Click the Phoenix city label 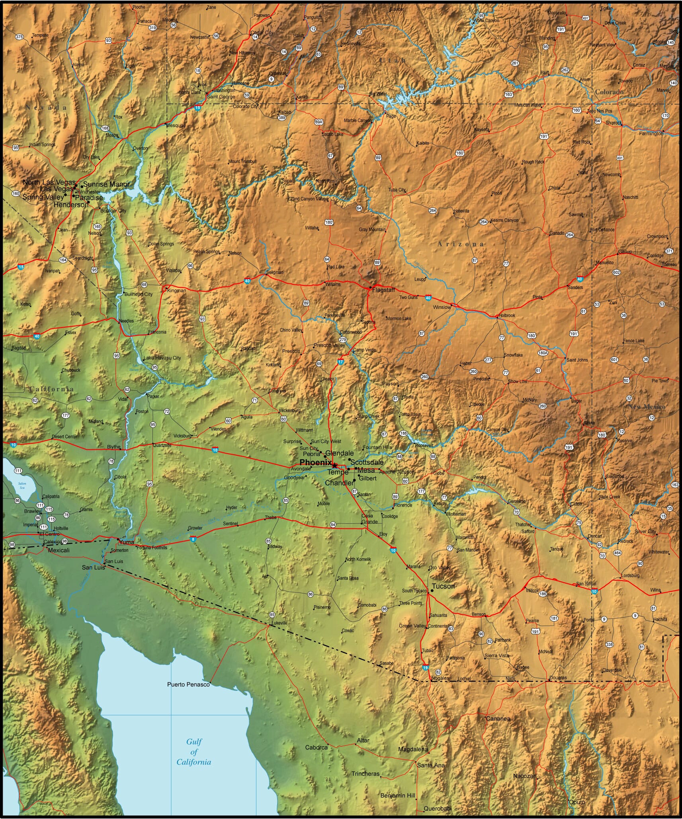click(315, 462)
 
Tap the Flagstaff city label click(383, 290)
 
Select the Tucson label click(443, 586)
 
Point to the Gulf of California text click(194, 752)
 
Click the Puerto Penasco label click(188, 684)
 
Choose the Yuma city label click(127, 542)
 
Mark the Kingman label click(176, 291)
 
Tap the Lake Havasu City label click(162, 358)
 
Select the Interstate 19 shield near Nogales click(426, 668)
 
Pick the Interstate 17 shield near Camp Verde click(340, 362)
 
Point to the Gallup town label click(625, 252)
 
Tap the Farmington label click(651, 134)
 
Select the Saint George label click(221, 97)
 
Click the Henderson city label click(71, 205)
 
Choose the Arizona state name click(461, 244)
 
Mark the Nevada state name click(46, 107)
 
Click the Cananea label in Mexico click(498, 719)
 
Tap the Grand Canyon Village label click(308, 199)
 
